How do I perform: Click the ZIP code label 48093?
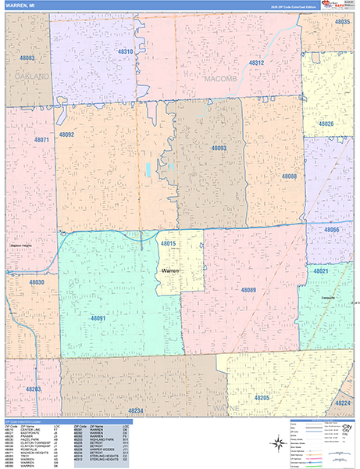[219, 148]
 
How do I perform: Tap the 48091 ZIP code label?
[98, 319]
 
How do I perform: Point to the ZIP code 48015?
[168, 244]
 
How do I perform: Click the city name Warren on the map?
[170, 270]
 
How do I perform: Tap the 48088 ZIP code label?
[289, 177]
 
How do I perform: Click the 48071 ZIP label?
[42, 140]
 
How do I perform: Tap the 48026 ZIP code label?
[326, 124]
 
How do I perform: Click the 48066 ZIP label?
[332, 230]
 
